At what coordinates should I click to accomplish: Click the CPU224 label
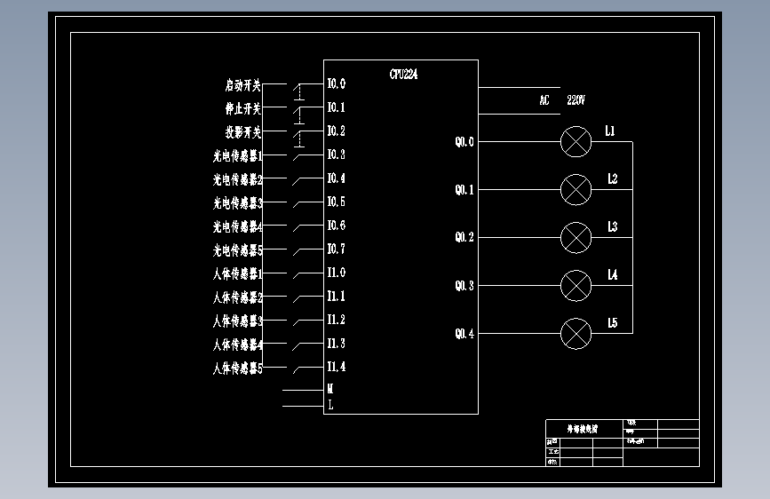[x=403, y=75]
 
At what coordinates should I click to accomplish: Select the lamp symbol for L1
[x=576, y=141]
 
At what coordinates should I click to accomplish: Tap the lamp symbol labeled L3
[x=576, y=237]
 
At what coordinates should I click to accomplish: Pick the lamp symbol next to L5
[x=576, y=333]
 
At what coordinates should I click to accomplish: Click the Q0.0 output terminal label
[x=464, y=141]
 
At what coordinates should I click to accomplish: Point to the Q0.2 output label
[x=464, y=237]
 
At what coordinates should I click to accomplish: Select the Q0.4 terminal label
[x=464, y=334]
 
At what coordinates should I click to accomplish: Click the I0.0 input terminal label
[x=336, y=84]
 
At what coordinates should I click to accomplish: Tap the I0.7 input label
[x=336, y=249]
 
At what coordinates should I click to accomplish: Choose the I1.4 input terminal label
[x=336, y=367]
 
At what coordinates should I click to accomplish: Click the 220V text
[x=576, y=100]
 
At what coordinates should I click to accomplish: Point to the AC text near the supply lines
[x=544, y=100]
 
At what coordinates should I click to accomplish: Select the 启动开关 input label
[x=242, y=86]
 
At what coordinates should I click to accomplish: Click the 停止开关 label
[x=242, y=109]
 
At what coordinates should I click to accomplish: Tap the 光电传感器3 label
[x=238, y=203]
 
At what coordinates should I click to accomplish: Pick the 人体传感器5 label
[x=238, y=368]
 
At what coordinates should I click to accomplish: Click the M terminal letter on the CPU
[x=330, y=389]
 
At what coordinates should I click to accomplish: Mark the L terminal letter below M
[x=330, y=405]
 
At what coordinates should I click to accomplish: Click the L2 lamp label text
[x=612, y=179]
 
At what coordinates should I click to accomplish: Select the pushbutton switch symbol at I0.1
[x=300, y=111]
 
